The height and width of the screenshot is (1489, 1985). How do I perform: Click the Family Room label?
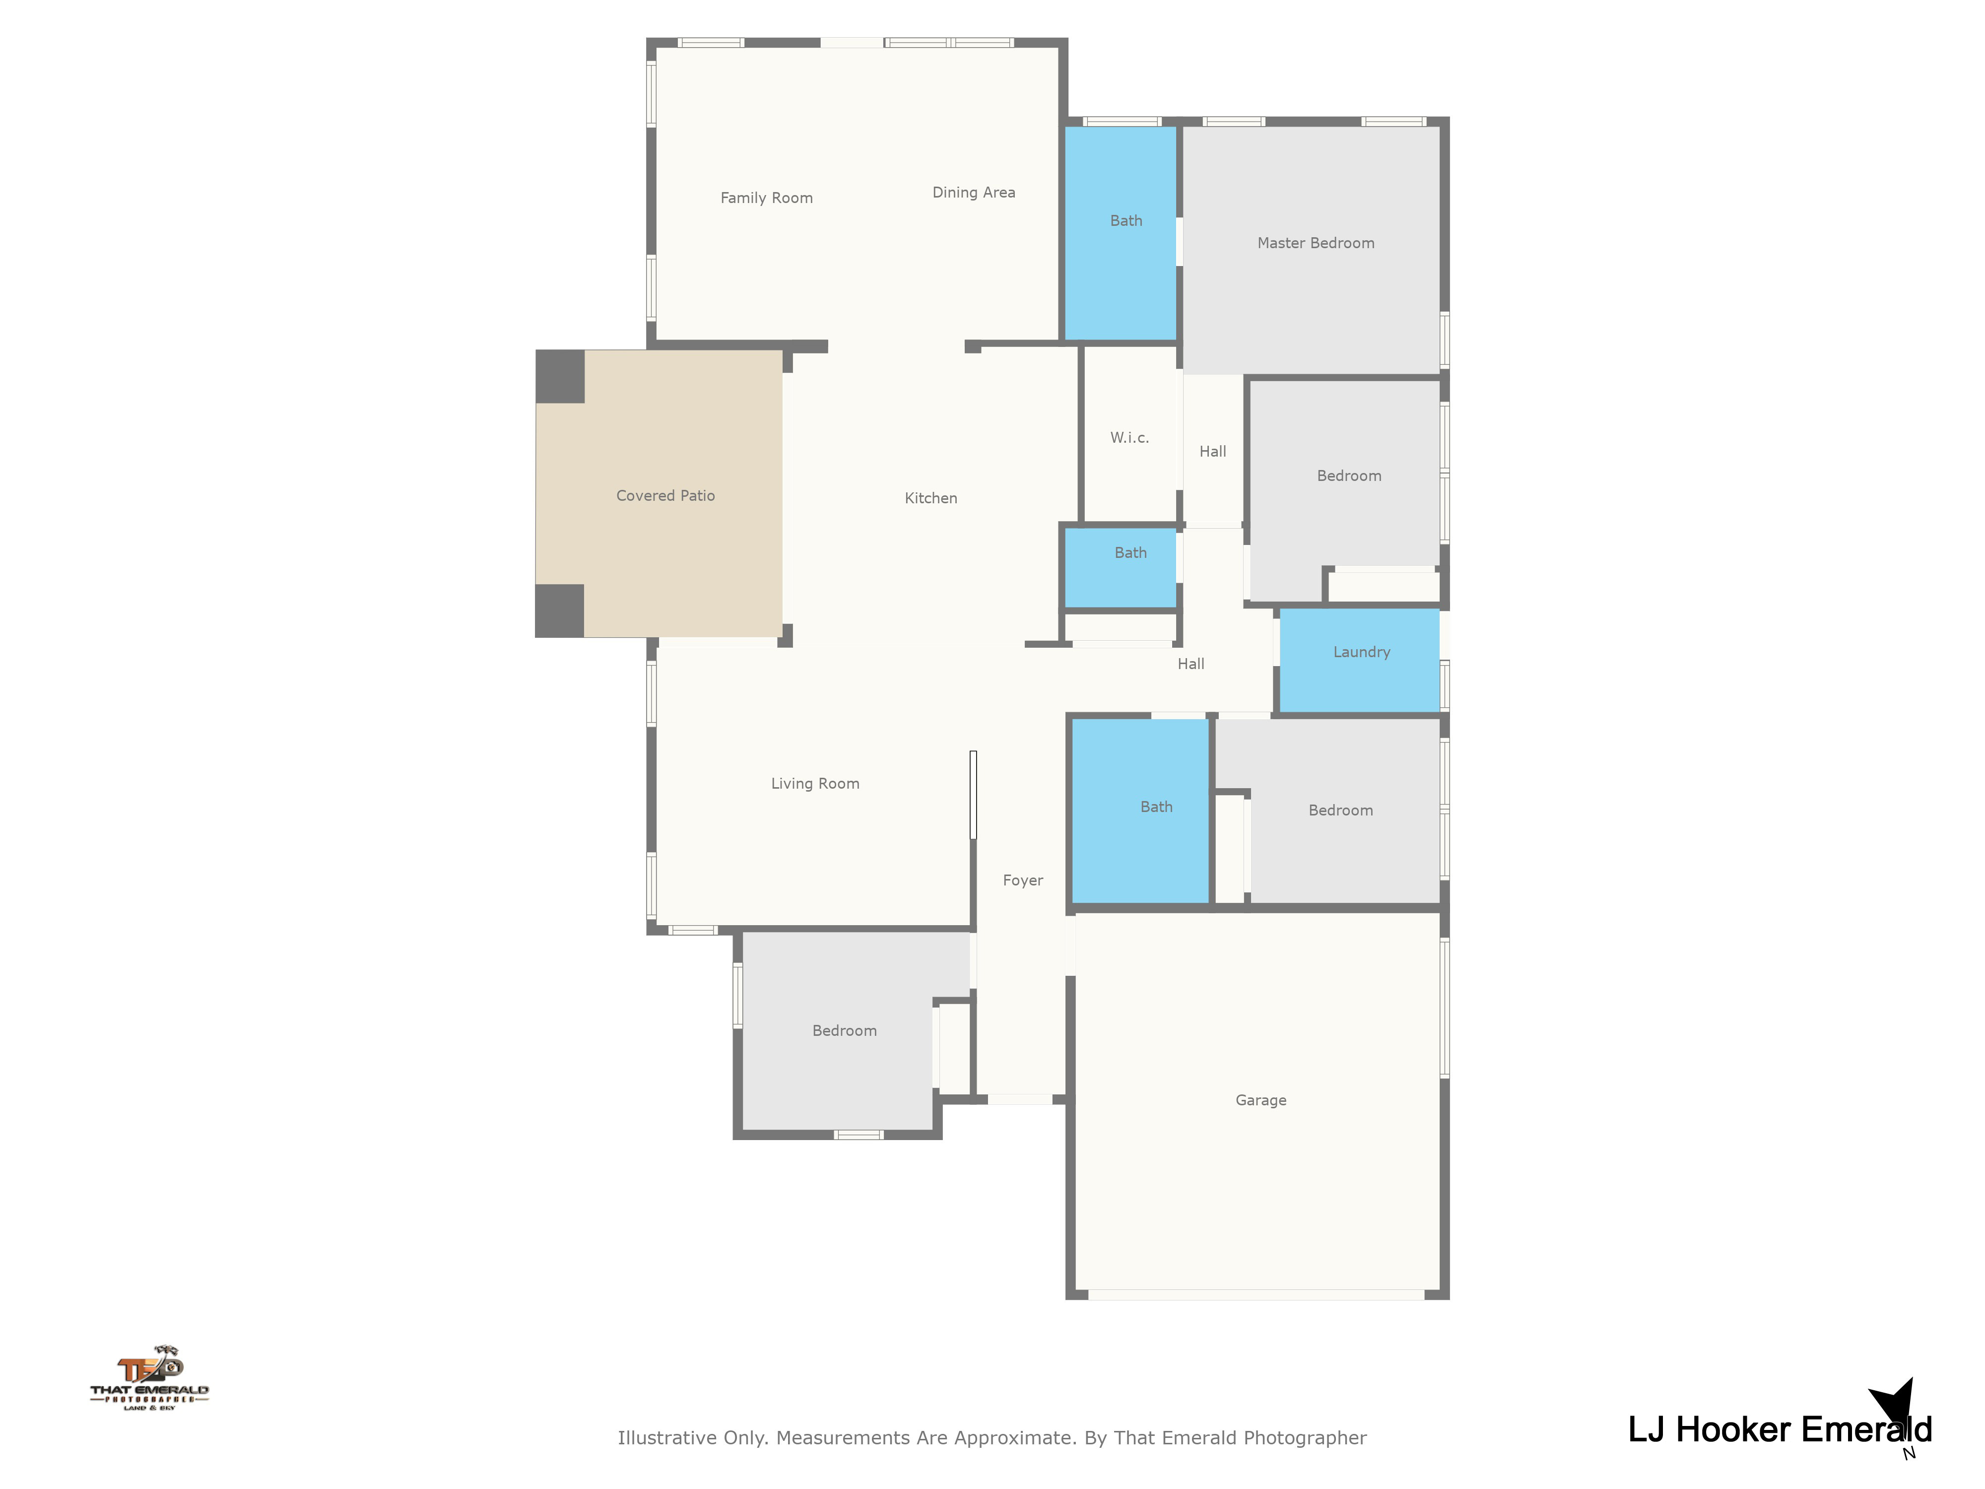(x=766, y=199)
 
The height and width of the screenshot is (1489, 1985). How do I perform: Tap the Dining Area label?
(x=974, y=193)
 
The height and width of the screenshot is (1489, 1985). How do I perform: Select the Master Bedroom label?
(x=1316, y=243)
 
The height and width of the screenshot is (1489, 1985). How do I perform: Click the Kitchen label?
(x=930, y=498)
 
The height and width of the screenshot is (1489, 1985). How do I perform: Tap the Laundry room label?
(x=1361, y=653)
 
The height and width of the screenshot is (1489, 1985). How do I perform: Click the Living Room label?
(x=815, y=784)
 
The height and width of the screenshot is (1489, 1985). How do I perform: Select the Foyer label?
(x=1023, y=880)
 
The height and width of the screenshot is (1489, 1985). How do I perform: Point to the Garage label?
(x=1261, y=1100)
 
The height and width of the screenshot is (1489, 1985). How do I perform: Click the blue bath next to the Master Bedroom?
(x=1121, y=233)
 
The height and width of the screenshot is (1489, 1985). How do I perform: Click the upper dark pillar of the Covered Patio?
(x=560, y=376)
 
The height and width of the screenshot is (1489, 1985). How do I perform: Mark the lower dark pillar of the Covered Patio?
(x=560, y=611)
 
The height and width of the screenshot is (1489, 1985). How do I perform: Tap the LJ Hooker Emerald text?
(x=1780, y=1430)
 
